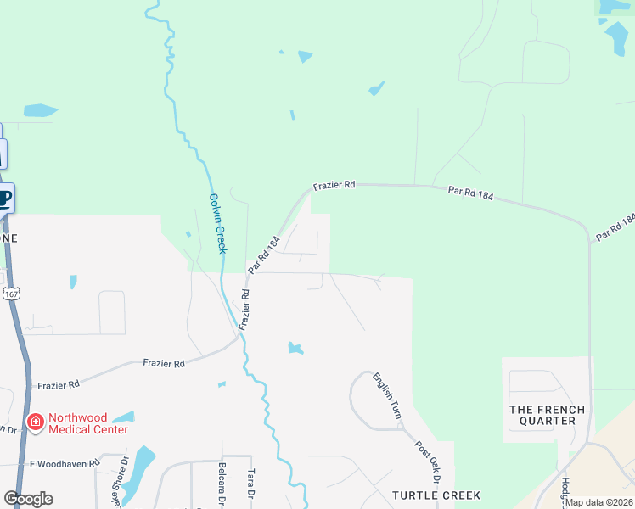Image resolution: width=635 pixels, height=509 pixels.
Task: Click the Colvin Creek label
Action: tap(217, 222)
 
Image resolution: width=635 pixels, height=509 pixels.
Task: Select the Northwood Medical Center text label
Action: tap(87, 423)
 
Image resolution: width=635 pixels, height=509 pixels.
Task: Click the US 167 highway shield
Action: tap(10, 294)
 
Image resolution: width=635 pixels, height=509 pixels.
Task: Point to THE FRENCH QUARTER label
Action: tap(547, 415)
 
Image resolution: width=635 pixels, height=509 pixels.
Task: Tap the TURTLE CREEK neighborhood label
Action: tap(436, 495)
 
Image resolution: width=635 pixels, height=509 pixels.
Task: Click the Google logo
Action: tap(28, 498)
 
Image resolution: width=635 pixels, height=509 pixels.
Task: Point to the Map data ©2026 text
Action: tap(598, 502)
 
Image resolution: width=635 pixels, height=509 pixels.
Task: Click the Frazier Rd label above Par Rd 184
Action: tap(334, 185)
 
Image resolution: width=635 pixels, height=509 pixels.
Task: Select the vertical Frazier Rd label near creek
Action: tap(244, 310)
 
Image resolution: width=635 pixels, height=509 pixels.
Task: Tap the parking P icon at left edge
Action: tap(5, 199)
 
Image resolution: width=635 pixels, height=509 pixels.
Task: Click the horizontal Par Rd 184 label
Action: tap(470, 194)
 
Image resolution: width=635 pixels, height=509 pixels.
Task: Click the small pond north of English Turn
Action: tap(295, 348)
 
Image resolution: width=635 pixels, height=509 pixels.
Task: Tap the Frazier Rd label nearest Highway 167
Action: tap(58, 384)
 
